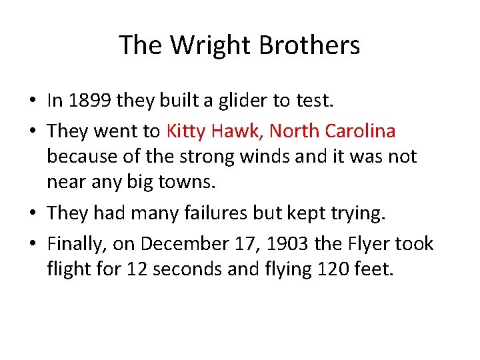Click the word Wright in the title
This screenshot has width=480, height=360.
point(209,45)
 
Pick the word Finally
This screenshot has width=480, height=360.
point(74,244)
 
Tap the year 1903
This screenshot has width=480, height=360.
point(287,244)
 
